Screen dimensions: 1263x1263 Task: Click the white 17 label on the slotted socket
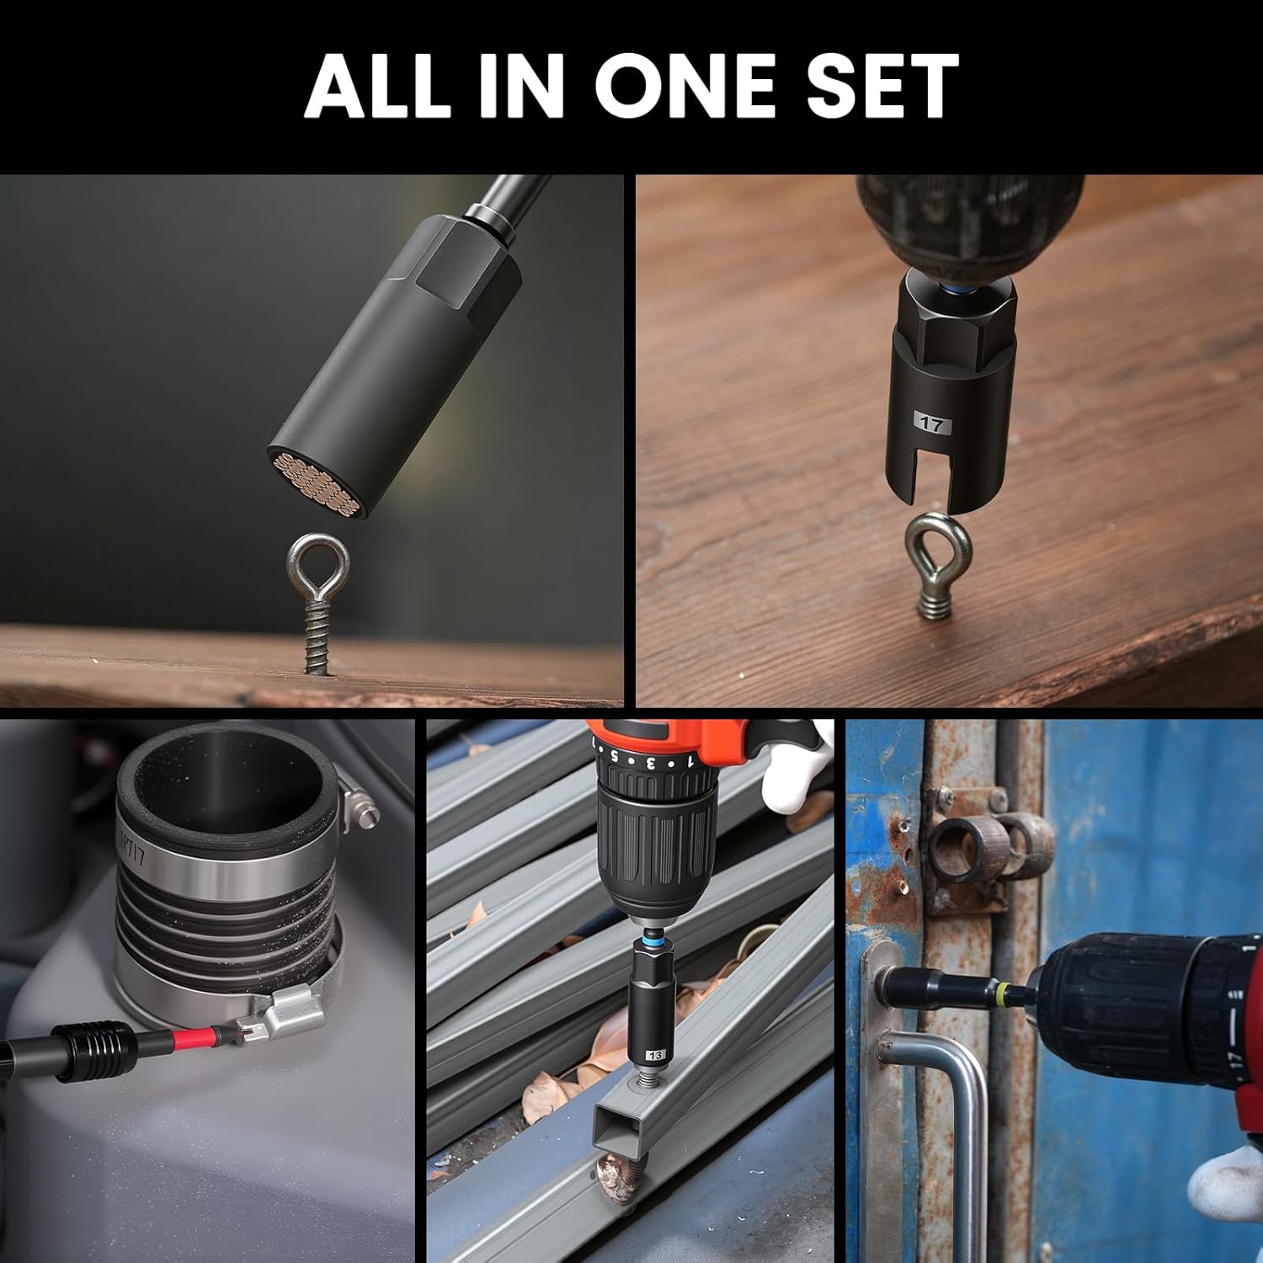click(931, 424)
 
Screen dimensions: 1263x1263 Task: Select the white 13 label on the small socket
click(655, 1054)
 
